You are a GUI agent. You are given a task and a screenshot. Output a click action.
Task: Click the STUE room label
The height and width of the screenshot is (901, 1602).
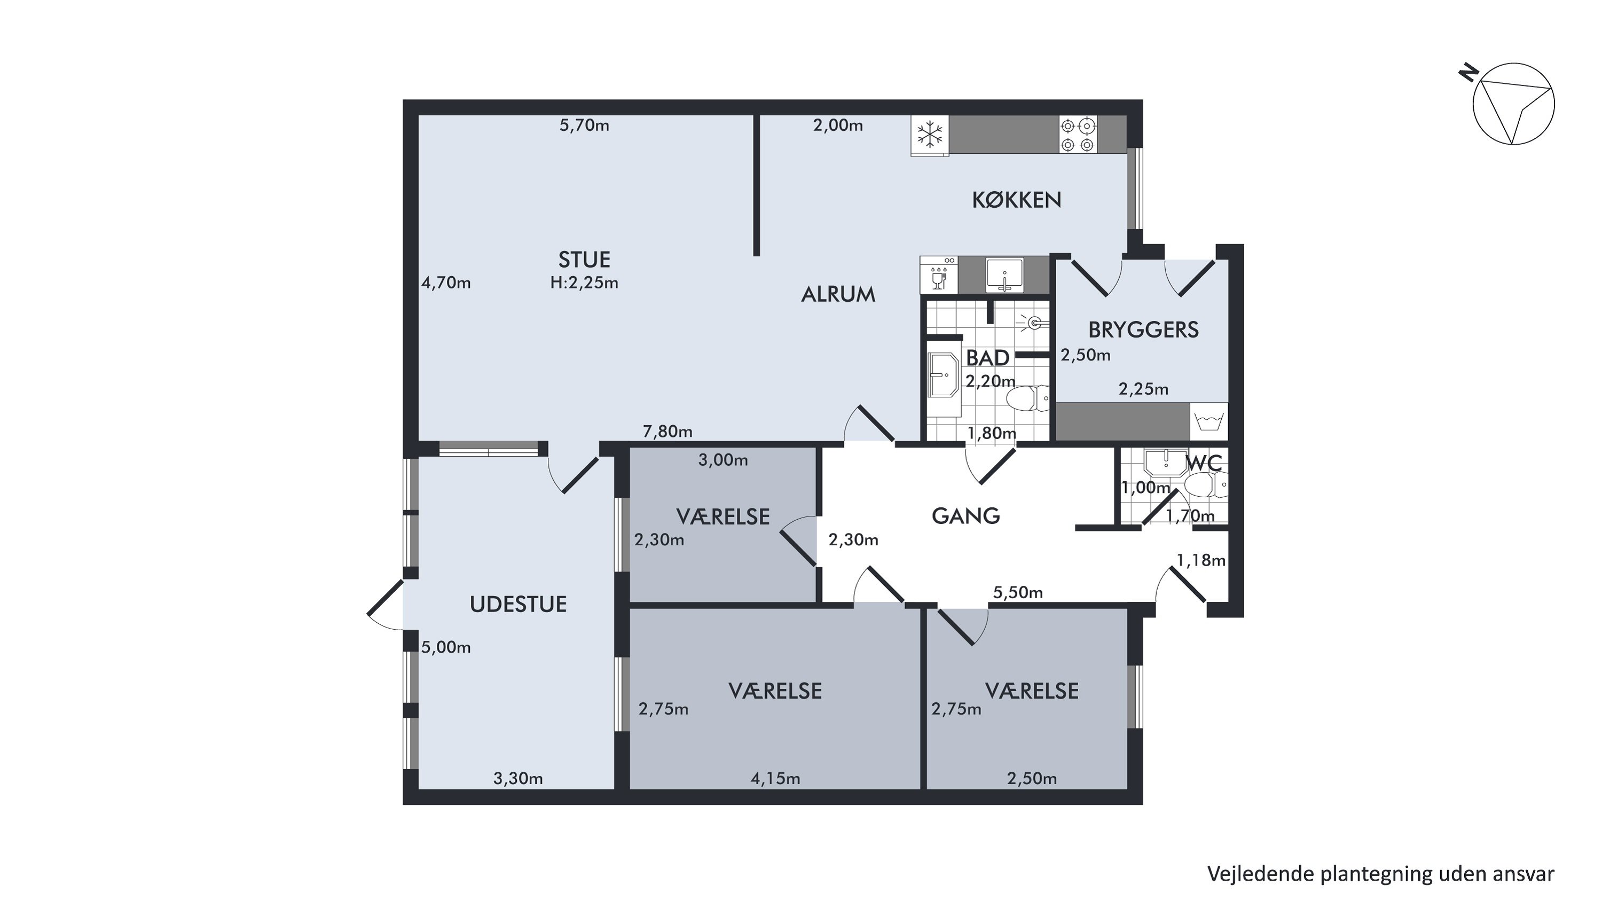584,258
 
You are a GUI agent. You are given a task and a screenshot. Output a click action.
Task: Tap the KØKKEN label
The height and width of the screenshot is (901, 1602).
1016,200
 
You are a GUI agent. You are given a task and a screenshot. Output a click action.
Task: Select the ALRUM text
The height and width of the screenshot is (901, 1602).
838,294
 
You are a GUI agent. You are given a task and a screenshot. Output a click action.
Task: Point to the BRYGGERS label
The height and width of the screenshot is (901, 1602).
1143,330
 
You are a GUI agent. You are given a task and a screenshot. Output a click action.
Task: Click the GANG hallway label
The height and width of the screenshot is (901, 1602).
966,515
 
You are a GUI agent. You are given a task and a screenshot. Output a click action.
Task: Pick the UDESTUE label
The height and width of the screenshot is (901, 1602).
518,605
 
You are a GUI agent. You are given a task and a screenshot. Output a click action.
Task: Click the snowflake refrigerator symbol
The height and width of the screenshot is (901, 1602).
930,135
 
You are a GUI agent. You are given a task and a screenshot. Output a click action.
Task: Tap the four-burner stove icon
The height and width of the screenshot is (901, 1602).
1078,135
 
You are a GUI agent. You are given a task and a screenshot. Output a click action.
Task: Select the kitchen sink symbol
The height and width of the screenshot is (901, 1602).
1004,275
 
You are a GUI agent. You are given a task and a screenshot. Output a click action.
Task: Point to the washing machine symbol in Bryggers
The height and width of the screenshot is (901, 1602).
1208,421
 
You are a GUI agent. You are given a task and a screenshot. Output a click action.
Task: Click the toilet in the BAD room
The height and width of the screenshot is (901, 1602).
1027,398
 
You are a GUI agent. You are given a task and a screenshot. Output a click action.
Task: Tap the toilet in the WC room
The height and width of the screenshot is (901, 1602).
1206,485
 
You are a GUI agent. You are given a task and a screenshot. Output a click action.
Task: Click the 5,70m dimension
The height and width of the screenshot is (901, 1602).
584,126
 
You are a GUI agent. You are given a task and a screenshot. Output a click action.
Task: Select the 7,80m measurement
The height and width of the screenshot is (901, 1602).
667,431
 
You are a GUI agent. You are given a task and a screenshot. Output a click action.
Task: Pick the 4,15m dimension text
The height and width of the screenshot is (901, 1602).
775,779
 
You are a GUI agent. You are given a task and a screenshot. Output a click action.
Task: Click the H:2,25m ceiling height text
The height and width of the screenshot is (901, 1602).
584,283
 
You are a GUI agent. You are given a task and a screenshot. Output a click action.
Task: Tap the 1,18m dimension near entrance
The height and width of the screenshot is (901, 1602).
1201,561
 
